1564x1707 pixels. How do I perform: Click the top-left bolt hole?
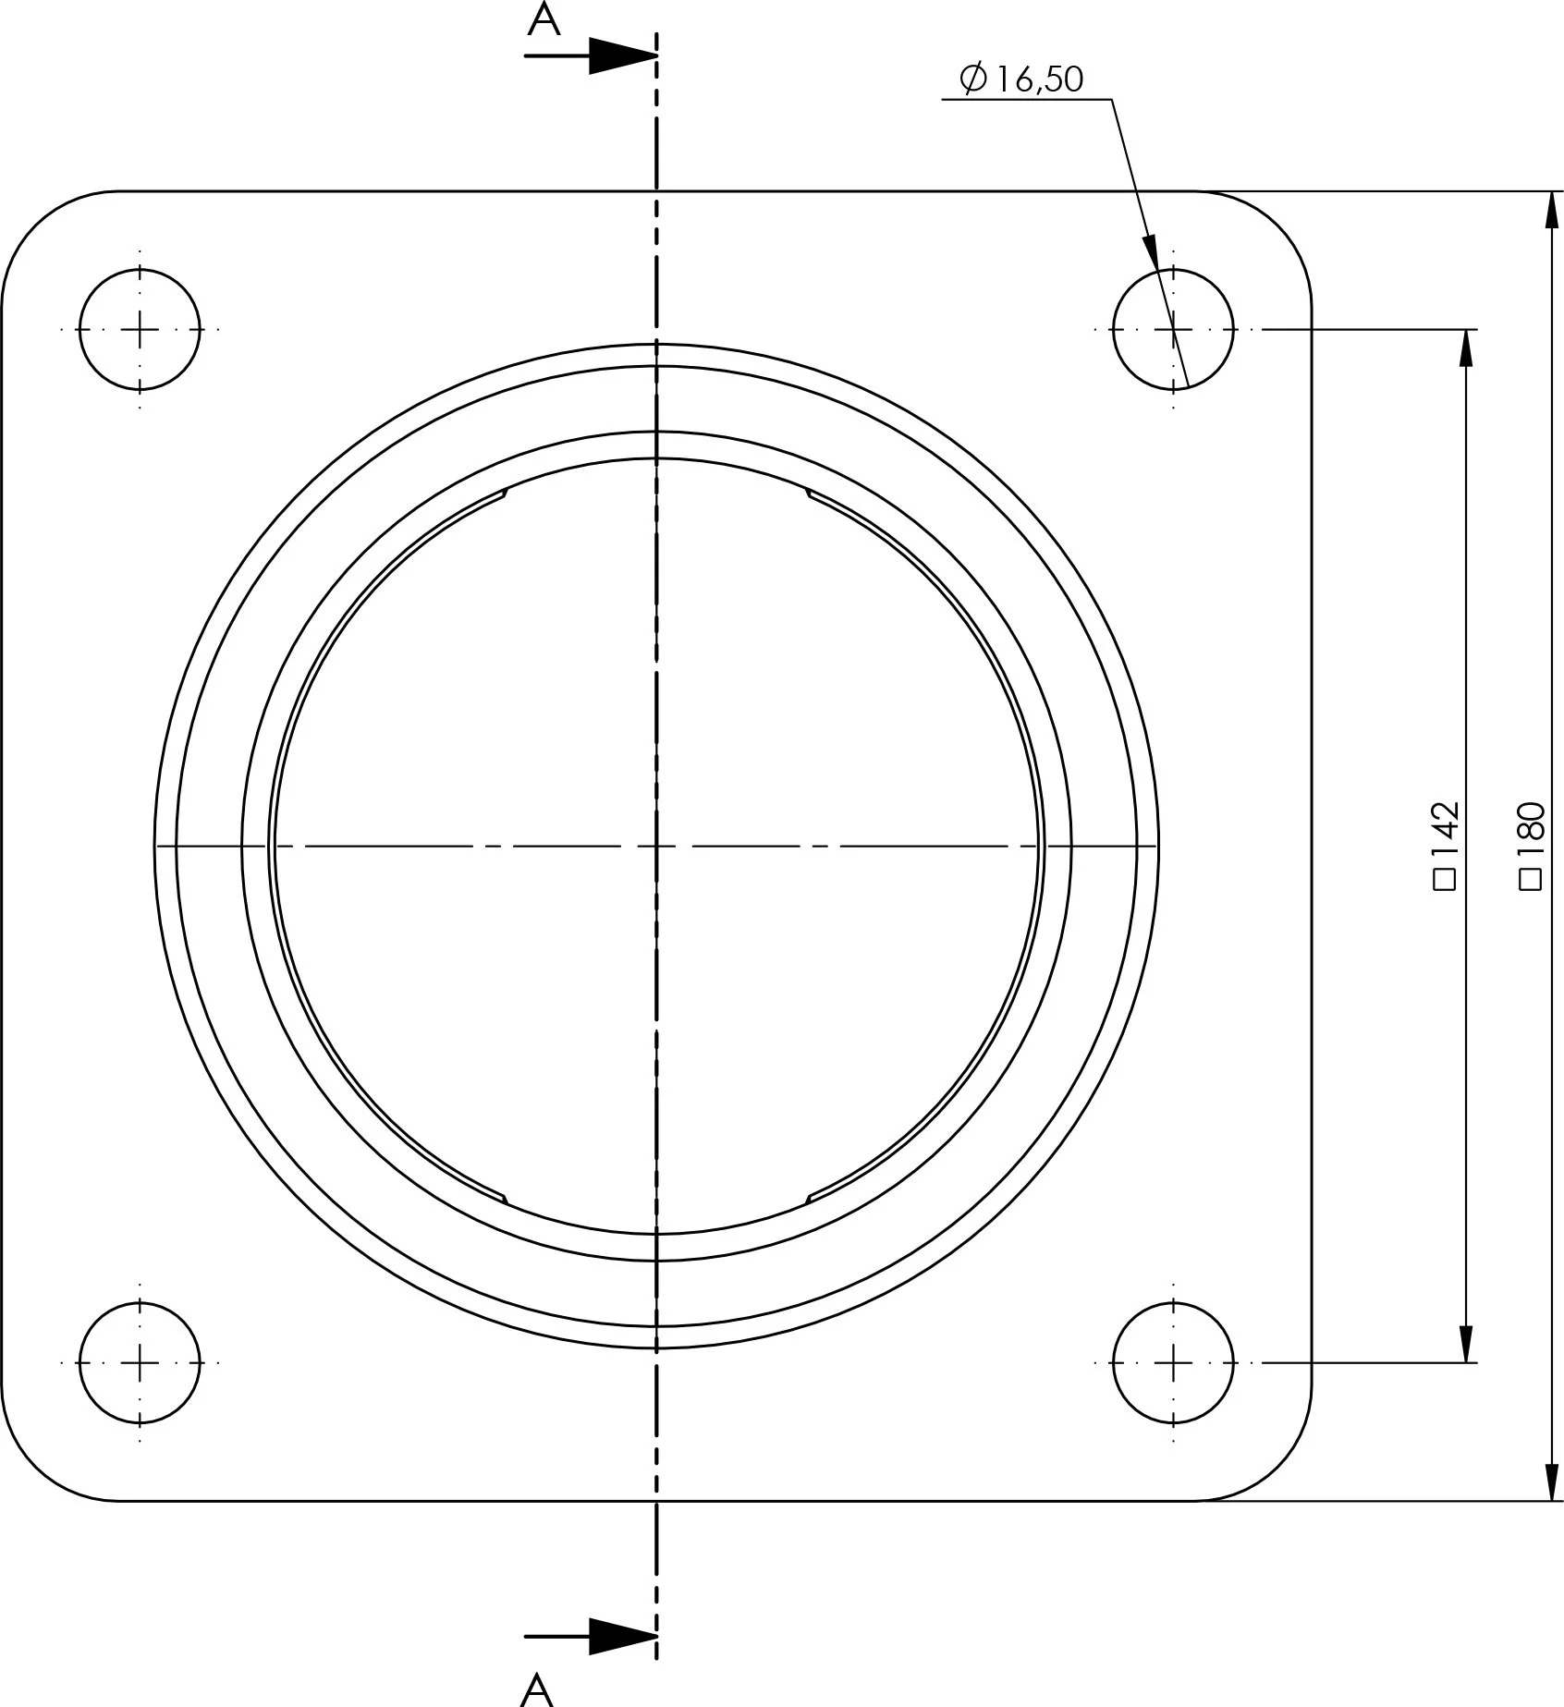point(140,328)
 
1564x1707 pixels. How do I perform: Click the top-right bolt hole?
point(1173,328)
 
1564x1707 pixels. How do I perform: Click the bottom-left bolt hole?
point(140,1361)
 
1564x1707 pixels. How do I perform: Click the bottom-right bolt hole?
point(1173,1361)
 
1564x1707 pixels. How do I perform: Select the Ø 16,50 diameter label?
point(1021,79)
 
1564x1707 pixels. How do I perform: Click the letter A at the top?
point(544,20)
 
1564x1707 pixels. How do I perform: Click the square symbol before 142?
point(1445,879)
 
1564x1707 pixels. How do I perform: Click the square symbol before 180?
point(1532,879)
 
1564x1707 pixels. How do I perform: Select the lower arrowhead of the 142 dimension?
point(1465,1343)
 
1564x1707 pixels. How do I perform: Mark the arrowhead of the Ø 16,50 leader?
point(1151,253)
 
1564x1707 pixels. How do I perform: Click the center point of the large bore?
point(656,846)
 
